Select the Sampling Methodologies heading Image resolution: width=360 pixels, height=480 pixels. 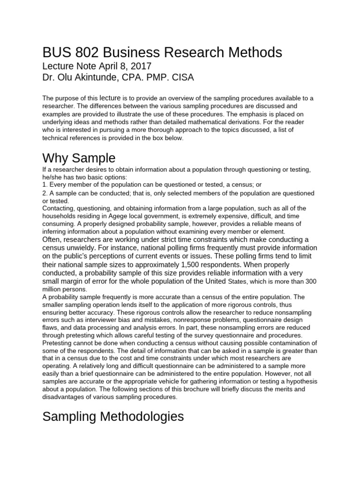click(x=113, y=416)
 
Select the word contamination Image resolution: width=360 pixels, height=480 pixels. click(x=294, y=343)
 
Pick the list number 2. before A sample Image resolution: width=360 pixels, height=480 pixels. click(x=45, y=193)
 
